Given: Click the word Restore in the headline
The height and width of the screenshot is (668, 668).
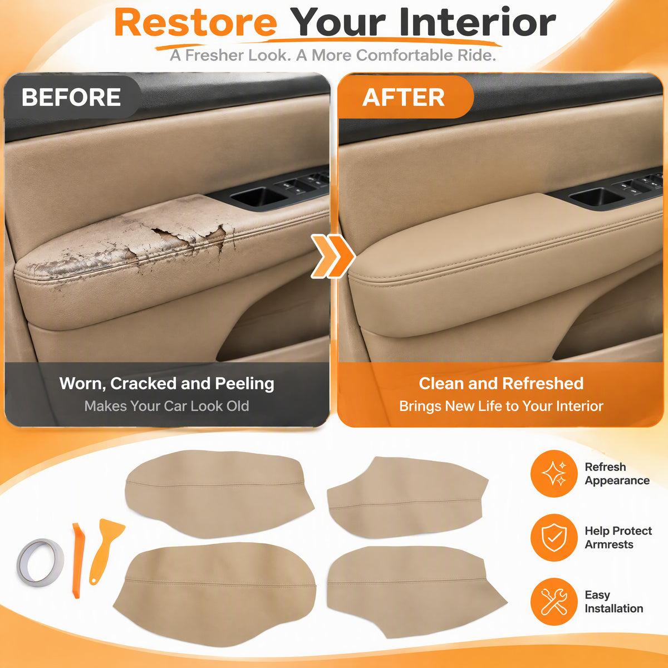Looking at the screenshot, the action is pyautogui.click(x=196, y=23).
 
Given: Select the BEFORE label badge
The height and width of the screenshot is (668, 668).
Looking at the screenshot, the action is pyautogui.click(x=71, y=97).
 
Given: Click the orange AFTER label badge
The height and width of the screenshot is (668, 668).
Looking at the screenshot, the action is pyautogui.click(x=404, y=97).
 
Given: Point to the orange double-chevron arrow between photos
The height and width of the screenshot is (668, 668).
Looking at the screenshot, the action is pyautogui.click(x=333, y=257).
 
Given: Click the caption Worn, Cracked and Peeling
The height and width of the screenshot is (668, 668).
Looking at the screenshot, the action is pyautogui.click(x=167, y=384).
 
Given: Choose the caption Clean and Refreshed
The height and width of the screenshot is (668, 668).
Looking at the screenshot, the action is pyautogui.click(x=501, y=384).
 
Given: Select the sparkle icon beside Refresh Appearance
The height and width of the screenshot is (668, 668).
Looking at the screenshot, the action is pyautogui.click(x=554, y=474).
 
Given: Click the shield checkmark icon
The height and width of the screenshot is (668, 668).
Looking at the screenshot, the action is pyautogui.click(x=554, y=538).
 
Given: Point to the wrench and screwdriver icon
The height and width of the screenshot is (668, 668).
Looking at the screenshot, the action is pyautogui.click(x=554, y=601).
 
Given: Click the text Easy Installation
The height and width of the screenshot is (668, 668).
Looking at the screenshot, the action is pyautogui.click(x=613, y=602).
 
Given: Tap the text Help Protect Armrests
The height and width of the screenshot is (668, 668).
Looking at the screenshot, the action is pyautogui.click(x=618, y=538).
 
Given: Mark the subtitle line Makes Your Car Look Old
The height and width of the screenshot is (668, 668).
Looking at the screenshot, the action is pyautogui.click(x=167, y=406).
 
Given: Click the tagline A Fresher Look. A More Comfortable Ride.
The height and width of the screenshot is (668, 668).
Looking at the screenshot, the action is pyautogui.click(x=333, y=55).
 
